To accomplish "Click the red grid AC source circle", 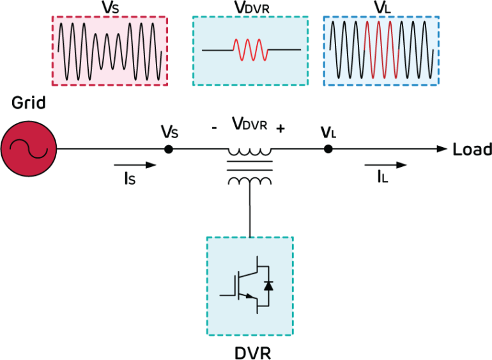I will click(x=29, y=148).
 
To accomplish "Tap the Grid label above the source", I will click(x=28, y=103).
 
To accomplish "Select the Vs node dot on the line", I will click(x=169, y=149).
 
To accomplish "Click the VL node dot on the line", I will click(x=328, y=149).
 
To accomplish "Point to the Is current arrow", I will click(x=142, y=165).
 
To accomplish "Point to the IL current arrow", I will click(x=391, y=165).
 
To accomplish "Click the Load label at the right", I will click(x=472, y=150).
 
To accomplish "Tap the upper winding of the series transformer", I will click(x=249, y=152).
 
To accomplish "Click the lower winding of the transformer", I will click(x=249, y=181).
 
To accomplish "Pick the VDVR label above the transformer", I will click(x=249, y=125).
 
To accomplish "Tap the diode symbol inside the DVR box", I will click(x=268, y=286).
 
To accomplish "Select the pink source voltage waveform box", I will click(x=109, y=51).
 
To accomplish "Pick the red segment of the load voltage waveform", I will click(x=381, y=50).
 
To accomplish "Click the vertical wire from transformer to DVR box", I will click(x=249, y=211).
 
